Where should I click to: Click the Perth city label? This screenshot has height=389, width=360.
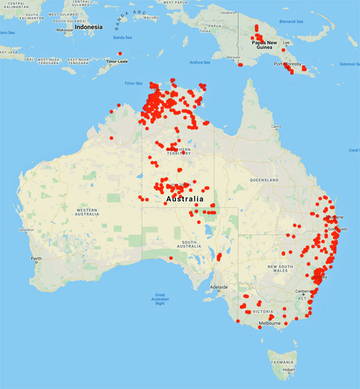[x=37, y=258]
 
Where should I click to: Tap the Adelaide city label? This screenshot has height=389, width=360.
[x=219, y=287]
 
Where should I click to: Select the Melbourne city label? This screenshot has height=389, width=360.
[x=269, y=323]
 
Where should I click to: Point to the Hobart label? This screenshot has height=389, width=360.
[x=289, y=370]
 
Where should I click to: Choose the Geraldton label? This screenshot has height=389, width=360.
[x=27, y=230]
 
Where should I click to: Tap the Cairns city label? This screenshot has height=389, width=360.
[x=275, y=126]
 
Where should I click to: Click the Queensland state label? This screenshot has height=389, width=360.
[x=265, y=180]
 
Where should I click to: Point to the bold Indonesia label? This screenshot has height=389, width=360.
[x=88, y=27]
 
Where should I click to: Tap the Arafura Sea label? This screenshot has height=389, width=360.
[x=200, y=62]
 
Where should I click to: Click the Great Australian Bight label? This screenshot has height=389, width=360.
[x=160, y=299]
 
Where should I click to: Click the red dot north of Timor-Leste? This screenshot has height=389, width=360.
[x=119, y=53]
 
